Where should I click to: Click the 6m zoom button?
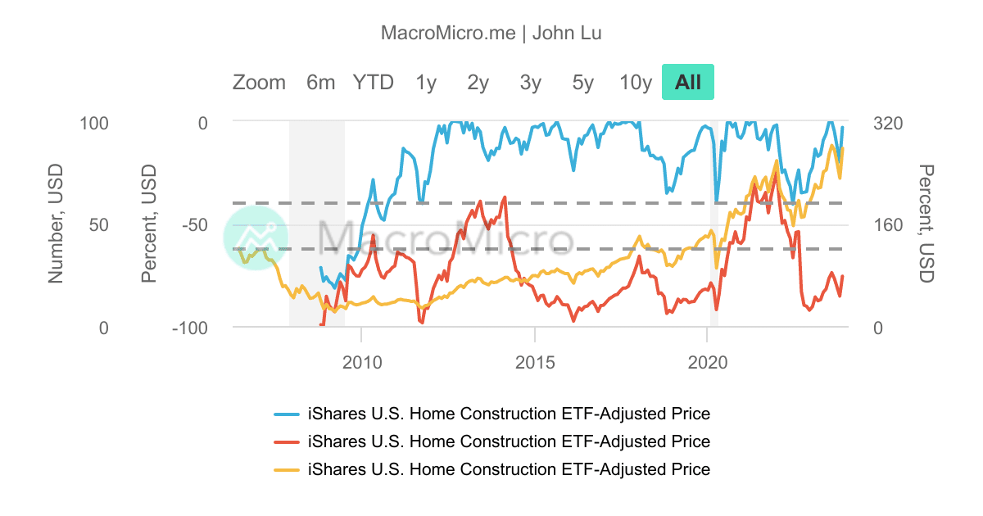point(320,83)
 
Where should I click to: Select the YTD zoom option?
point(373,83)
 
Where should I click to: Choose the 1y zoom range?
point(426,83)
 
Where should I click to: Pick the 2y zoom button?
point(478,83)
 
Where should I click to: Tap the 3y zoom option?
point(531,83)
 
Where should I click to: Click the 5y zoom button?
point(583,83)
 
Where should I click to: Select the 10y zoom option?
point(636,83)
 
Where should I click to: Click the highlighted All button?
point(688,83)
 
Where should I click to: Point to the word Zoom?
point(259,83)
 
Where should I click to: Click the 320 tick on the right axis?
point(888,123)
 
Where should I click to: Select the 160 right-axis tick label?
point(888,224)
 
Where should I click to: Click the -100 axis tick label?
point(189,328)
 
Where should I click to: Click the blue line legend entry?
point(508,414)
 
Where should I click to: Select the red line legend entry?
point(508,441)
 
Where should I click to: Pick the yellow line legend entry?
point(508,469)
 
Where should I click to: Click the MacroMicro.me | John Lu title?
point(491,33)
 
